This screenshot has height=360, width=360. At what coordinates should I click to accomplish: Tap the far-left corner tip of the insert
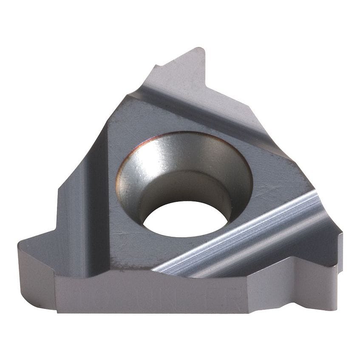[x=20, y=244]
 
